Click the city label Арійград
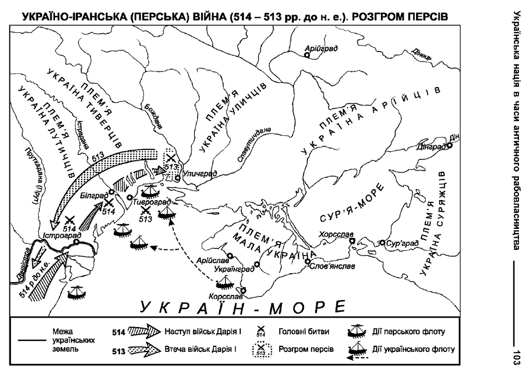coord(321,49)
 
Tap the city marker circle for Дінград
coord(450,146)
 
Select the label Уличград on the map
coord(199,173)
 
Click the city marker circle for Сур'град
coord(382,243)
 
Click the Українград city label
coord(233,269)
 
